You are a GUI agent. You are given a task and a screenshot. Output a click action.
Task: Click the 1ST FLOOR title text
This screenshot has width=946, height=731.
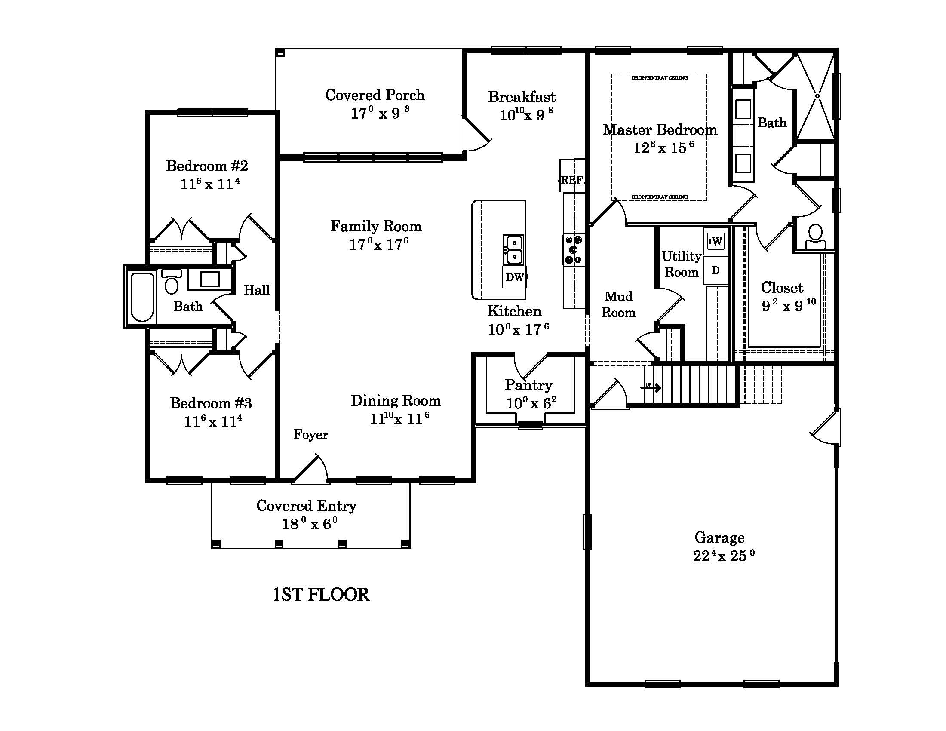pos(321,595)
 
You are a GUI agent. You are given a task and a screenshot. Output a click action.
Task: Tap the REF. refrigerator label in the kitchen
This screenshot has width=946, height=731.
pos(572,180)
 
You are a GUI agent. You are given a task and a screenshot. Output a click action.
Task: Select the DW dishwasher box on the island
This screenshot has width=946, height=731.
pos(514,277)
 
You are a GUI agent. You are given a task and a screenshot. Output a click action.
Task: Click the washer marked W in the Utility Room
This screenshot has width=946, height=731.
pos(716,241)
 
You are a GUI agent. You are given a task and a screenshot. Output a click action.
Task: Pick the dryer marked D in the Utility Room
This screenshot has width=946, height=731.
pos(716,270)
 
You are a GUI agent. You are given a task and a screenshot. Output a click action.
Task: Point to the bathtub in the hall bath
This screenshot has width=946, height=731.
pos(142,297)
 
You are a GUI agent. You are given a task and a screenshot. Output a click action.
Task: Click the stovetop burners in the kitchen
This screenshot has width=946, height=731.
pos(574,249)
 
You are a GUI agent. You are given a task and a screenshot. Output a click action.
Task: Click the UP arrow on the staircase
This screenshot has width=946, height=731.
pos(651,387)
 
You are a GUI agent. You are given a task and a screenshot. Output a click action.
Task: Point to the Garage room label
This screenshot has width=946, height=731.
pos(719,537)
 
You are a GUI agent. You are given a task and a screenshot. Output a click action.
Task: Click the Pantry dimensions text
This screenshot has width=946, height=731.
pos(531,404)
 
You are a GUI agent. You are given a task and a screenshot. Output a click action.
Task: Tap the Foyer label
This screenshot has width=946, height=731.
pos(310,434)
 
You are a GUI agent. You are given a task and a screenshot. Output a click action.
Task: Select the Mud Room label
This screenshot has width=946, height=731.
pos(618,304)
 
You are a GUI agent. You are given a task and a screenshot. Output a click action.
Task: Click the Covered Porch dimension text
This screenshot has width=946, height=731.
pos(380,114)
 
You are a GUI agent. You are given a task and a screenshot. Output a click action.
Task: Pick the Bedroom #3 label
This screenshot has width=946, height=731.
pos(211,403)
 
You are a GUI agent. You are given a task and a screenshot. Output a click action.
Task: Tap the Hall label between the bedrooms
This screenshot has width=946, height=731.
pos(256,290)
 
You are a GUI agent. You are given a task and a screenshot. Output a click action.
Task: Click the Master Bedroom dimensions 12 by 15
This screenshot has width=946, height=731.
pos(663,148)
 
